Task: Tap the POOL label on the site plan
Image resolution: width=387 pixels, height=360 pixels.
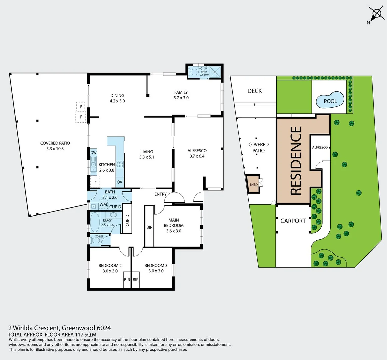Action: (x=330, y=101)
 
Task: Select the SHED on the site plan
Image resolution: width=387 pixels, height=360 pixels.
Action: (x=254, y=184)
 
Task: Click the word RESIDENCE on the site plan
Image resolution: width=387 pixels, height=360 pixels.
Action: (x=296, y=160)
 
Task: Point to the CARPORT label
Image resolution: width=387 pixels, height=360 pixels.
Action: (x=293, y=221)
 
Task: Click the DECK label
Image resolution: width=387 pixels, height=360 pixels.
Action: (x=254, y=91)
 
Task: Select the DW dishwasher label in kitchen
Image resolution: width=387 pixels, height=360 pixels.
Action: (x=93, y=153)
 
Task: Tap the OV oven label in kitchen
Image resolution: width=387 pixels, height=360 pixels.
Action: (x=119, y=182)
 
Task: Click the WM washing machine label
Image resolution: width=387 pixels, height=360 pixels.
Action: (x=103, y=204)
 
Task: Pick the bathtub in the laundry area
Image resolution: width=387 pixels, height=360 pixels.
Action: (x=95, y=222)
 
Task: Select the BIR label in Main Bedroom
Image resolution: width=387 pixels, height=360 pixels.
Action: (x=149, y=227)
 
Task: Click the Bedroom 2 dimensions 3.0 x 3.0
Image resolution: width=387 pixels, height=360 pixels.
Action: (x=110, y=271)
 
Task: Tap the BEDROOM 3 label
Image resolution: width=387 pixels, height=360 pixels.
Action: (x=156, y=265)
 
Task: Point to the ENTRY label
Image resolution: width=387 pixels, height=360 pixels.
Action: (x=160, y=194)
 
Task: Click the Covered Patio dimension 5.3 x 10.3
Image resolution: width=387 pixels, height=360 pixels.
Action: (x=55, y=149)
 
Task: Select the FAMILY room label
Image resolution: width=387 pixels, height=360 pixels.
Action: (x=181, y=92)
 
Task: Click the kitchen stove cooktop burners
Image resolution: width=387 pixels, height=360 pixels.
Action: (x=120, y=164)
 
